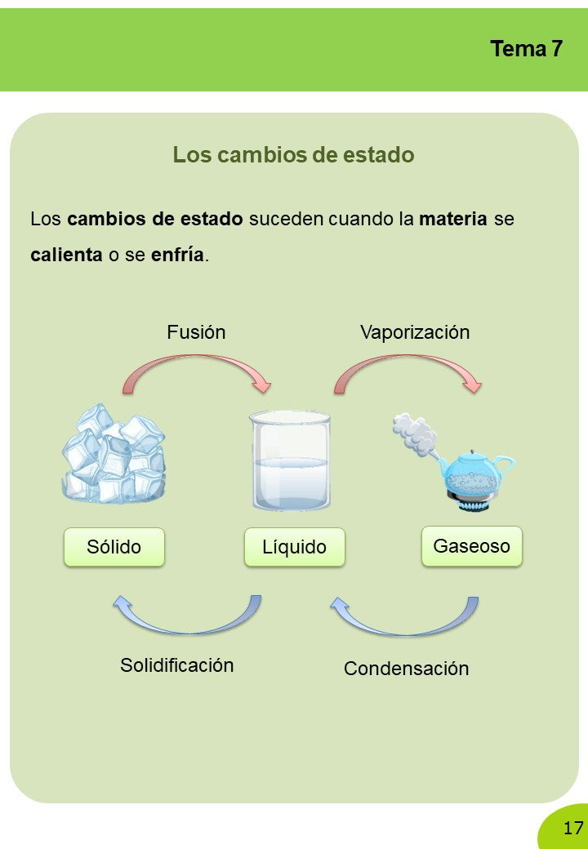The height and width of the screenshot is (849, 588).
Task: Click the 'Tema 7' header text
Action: click(x=526, y=49)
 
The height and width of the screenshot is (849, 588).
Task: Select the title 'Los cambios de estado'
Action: click(x=293, y=155)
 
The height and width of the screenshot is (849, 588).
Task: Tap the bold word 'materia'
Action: click(x=453, y=219)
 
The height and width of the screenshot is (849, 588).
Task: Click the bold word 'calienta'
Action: click(x=67, y=254)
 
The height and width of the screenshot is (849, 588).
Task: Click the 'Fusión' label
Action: click(x=196, y=332)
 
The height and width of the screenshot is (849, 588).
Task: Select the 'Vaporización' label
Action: click(x=415, y=332)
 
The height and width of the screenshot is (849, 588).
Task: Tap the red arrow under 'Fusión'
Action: click(x=196, y=358)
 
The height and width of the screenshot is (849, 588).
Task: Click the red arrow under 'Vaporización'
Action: click(x=408, y=358)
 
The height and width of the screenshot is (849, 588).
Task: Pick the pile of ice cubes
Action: click(x=114, y=454)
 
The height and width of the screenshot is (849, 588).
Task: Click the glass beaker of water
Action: click(x=290, y=460)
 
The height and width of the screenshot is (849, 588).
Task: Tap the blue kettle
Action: click(x=474, y=472)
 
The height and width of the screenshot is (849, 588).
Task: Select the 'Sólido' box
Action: click(x=114, y=548)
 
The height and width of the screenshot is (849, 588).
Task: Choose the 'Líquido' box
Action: click(x=295, y=548)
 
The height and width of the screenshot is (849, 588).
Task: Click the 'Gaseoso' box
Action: click(x=472, y=546)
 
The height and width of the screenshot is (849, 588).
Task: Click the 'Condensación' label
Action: click(x=407, y=668)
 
